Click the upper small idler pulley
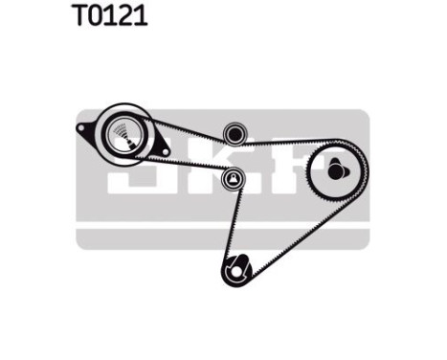(x=232, y=134)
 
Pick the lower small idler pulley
(x=232, y=178)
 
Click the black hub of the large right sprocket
(x=334, y=171)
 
